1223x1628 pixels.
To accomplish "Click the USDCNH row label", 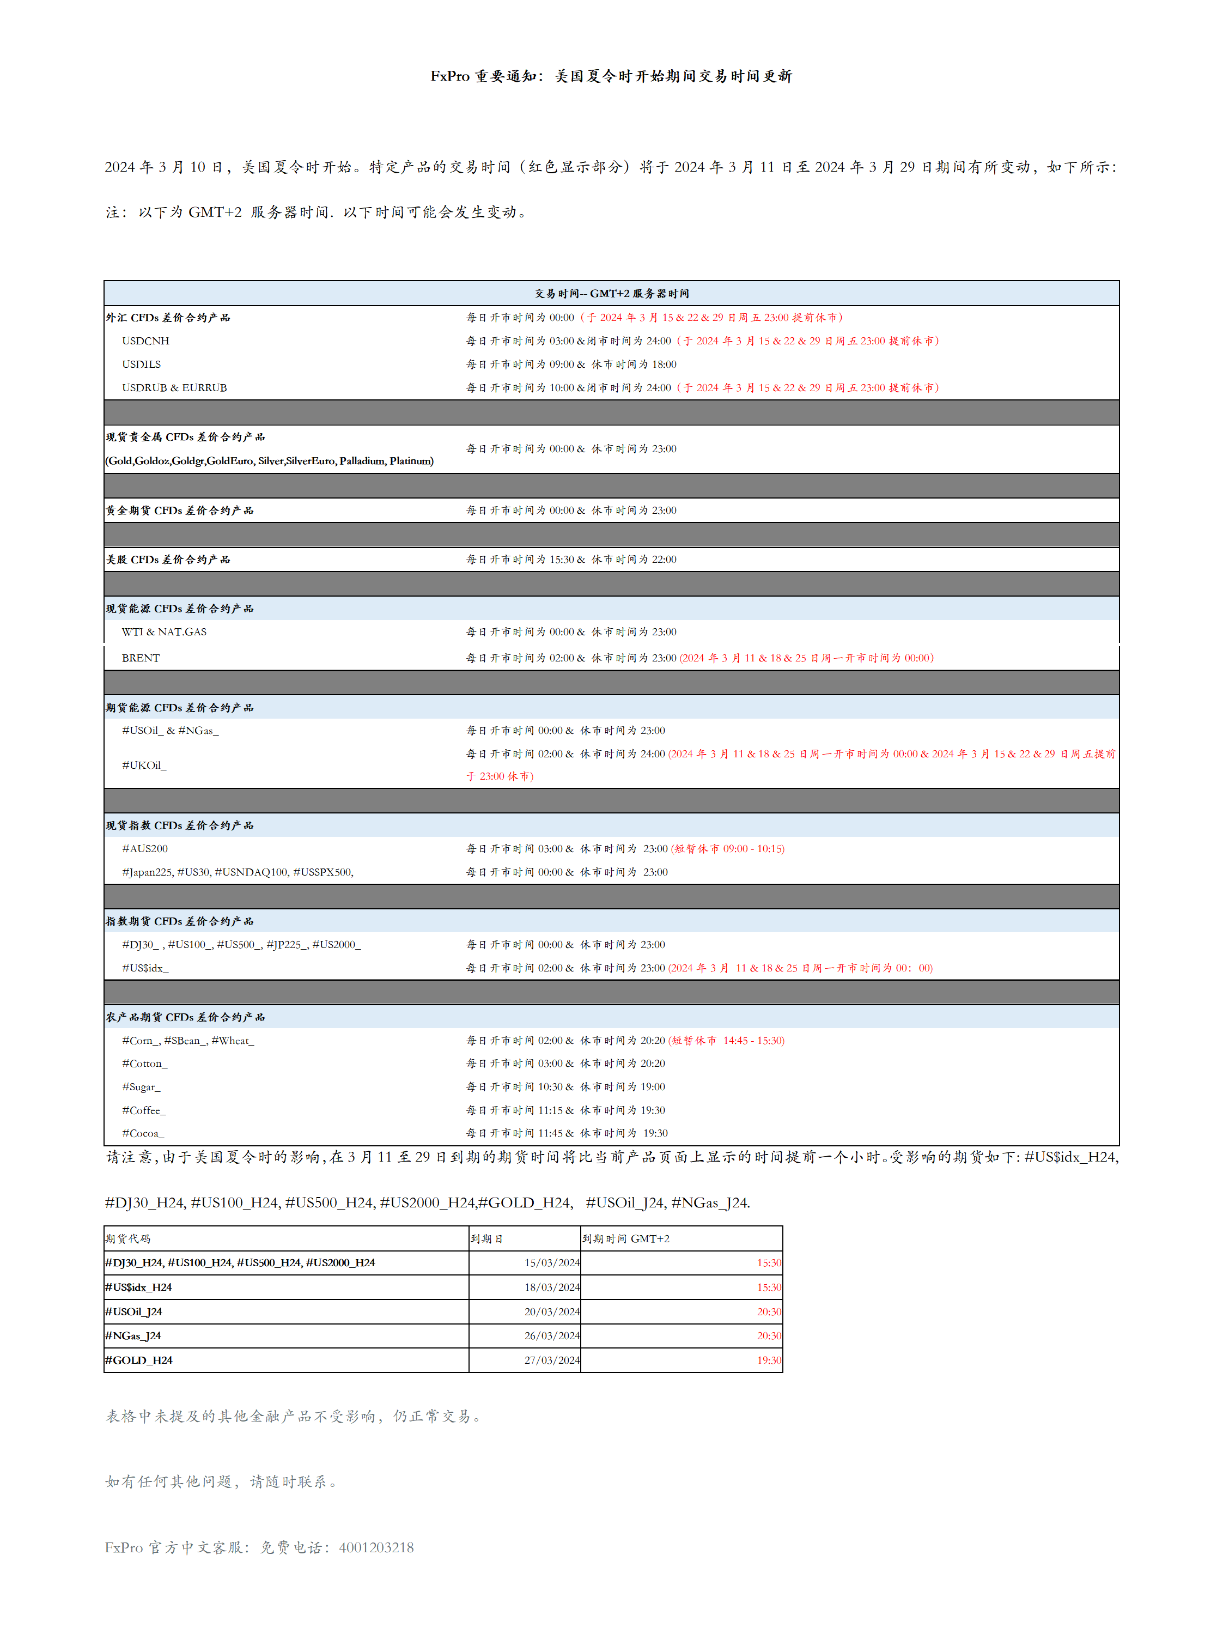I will tap(145, 341).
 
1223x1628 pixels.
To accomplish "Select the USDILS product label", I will tap(141, 365).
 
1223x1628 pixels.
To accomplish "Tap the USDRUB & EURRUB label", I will tap(174, 388).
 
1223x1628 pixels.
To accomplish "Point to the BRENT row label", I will tap(141, 658).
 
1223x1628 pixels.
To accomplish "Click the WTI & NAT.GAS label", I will tap(164, 632).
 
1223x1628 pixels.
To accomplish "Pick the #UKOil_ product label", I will tap(144, 766).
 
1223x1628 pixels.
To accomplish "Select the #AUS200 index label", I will tap(145, 848).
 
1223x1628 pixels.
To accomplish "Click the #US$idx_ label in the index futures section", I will tap(145, 968).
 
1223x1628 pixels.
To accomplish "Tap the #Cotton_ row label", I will tap(145, 1064).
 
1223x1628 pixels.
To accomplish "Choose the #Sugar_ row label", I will tap(141, 1087).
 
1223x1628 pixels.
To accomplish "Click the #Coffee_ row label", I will tap(144, 1110).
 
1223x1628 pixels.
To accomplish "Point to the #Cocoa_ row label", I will tap(143, 1133).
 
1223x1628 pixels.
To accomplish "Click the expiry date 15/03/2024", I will tap(552, 1263).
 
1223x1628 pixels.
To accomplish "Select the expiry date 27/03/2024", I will tap(552, 1360).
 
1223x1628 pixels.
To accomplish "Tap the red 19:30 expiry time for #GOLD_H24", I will tap(769, 1360).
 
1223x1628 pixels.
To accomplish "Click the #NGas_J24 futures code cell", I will tap(133, 1336).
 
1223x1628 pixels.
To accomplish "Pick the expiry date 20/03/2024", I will tap(552, 1311).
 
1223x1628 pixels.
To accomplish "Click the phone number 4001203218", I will tap(376, 1548).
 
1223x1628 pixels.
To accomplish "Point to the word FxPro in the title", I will tap(449, 76).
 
